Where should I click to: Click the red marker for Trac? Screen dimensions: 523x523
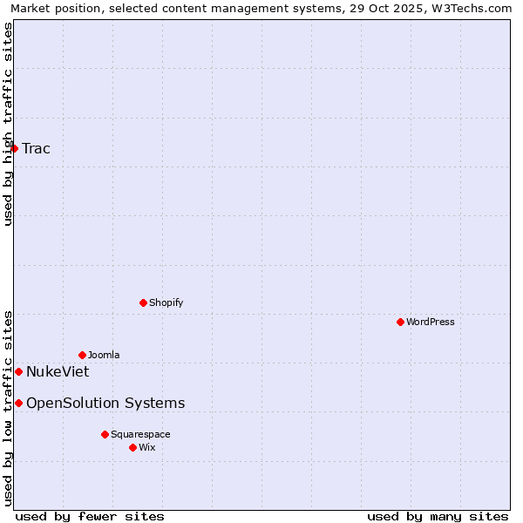(x=15, y=148)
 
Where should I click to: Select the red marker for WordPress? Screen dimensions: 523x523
(x=400, y=322)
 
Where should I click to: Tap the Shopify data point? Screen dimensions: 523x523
(x=143, y=302)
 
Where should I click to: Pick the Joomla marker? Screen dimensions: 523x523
(x=82, y=355)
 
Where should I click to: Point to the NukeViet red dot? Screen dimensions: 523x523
(x=18, y=371)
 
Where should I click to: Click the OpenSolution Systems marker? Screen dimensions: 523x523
(x=18, y=403)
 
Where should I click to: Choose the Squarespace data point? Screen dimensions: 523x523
(x=105, y=434)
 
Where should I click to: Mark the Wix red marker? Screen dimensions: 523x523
(x=132, y=447)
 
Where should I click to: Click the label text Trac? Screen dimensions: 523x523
(x=37, y=148)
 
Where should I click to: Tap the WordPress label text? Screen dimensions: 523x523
(x=431, y=322)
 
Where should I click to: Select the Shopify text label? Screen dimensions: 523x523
(x=166, y=302)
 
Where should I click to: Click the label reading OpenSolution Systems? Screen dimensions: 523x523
(x=105, y=403)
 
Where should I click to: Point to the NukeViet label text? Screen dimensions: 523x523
(x=58, y=371)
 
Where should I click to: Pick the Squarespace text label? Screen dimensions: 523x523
(x=140, y=434)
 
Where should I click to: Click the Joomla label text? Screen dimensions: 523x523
(x=104, y=355)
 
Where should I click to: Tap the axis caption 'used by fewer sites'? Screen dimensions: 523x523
(x=90, y=516)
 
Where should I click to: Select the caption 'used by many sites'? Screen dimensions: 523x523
(x=438, y=516)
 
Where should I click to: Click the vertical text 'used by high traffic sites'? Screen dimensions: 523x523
(x=8, y=124)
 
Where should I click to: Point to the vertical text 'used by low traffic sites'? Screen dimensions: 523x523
(x=8, y=407)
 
